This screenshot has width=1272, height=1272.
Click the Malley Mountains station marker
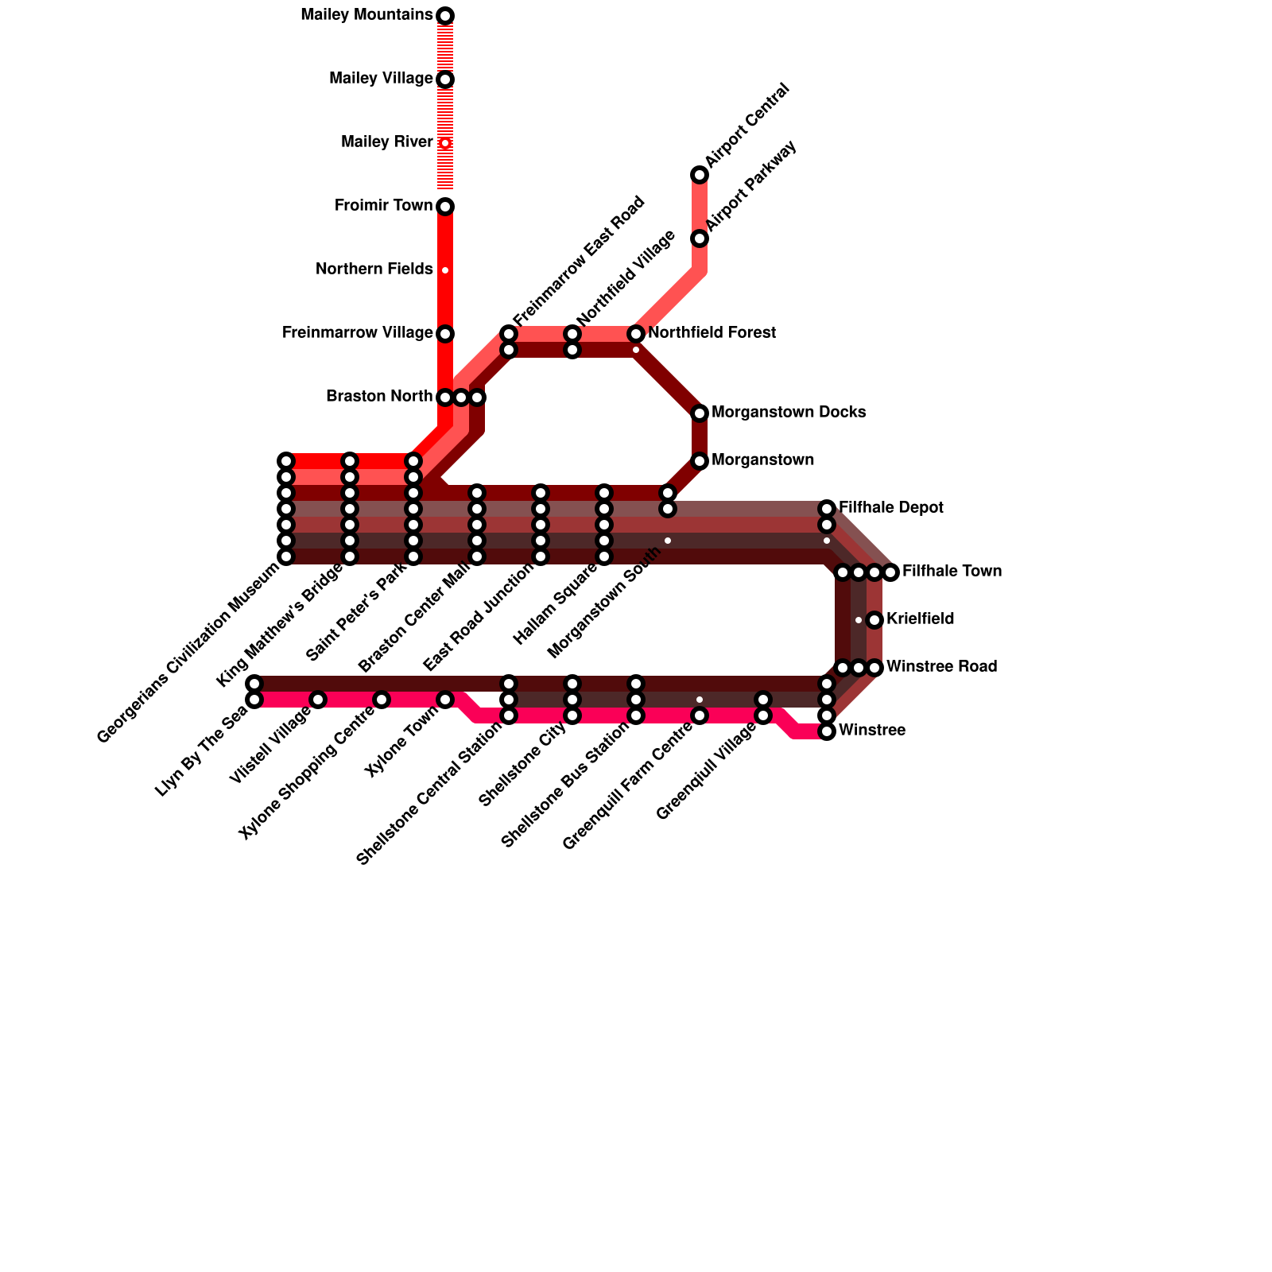(x=445, y=16)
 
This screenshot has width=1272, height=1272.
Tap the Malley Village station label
(x=381, y=79)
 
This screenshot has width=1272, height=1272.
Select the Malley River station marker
(x=445, y=143)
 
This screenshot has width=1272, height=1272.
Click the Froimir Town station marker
(x=445, y=207)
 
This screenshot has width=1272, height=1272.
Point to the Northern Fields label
(x=374, y=270)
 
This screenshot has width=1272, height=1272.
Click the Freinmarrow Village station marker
(x=445, y=333)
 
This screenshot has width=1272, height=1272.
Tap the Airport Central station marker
(x=700, y=175)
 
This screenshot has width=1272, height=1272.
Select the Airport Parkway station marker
(x=700, y=238)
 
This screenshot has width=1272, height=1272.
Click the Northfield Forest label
(x=712, y=333)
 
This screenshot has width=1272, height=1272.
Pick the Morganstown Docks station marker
(x=700, y=413)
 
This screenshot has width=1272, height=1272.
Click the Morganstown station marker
(x=700, y=460)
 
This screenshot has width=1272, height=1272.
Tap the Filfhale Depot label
(x=890, y=508)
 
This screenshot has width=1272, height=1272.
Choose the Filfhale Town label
(x=952, y=572)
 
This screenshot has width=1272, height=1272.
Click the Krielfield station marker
(x=874, y=619)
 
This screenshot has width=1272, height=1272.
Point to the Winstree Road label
(x=941, y=667)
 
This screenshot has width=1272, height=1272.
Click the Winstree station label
(x=871, y=731)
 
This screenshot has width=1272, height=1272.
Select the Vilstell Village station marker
(x=318, y=700)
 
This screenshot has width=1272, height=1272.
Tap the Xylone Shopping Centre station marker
(x=382, y=700)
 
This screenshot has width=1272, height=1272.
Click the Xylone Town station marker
(x=445, y=700)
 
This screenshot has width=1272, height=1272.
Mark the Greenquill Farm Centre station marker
(x=700, y=715)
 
